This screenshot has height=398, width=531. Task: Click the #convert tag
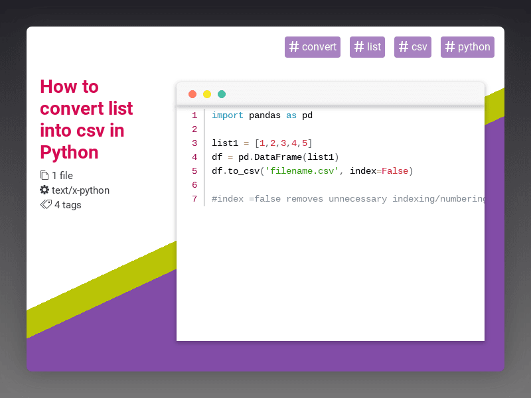click(x=312, y=47)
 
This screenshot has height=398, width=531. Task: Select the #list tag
click(x=367, y=47)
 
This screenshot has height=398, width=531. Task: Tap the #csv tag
click(x=412, y=47)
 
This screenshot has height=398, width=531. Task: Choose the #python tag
click(x=467, y=47)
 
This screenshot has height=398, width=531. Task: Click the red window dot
click(x=192, y=94)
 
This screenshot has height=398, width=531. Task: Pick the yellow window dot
click(x=207, y=94)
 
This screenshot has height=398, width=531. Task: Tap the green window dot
click(x=222, y=94)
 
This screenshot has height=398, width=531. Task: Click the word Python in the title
click(x=69, y=152)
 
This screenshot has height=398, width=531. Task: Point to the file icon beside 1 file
click(x=44, y=176)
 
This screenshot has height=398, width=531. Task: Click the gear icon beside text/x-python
click(x=44, y=190)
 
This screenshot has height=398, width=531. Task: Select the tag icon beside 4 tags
click(x=46, y=204)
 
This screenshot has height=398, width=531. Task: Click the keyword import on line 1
click(x=228, y=115)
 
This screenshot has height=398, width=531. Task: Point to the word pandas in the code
click(x=265, y=115)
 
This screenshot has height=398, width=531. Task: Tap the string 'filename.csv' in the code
click(x=302, y=171)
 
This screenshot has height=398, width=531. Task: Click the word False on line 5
click(x=395, y=171)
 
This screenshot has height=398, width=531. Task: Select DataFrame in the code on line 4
click(x=278, y=157)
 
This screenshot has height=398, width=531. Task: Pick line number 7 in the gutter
click(x=194, y=199)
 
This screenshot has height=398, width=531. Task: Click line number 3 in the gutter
click(x=194, y=143)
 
